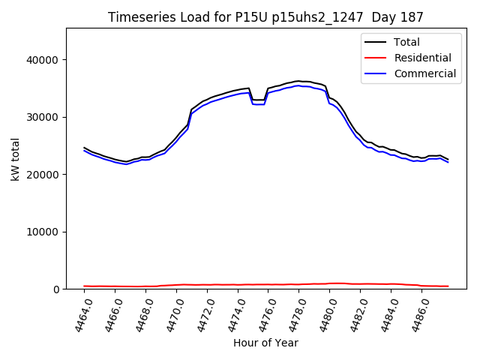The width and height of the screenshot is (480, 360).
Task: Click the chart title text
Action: tap(265, 17)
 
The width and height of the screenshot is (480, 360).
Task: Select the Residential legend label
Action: tap(423, 58)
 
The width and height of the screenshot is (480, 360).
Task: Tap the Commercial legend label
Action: tap(425, 73)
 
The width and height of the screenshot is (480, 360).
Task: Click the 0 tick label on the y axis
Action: tap(56, 289)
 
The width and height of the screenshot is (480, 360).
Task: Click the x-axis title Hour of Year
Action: tap(265, 343)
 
